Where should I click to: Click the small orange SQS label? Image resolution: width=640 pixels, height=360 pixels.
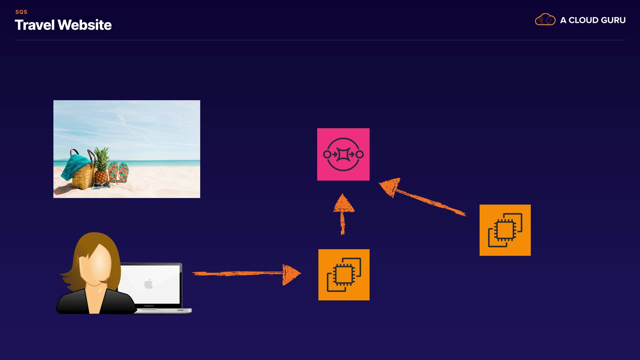[x=21, y=12]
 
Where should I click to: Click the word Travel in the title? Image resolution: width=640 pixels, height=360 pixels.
[x=35, y=25]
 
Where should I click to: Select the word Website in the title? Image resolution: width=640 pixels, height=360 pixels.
[x=85, y=25]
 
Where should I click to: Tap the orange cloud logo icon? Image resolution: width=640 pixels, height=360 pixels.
[x=545, y=20]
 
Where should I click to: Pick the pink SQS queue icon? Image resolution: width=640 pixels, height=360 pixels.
[x=343, y=154]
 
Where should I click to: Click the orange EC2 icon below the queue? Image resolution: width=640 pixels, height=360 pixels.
[x=344, y=275]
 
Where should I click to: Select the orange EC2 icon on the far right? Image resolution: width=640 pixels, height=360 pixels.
[x=505, y=230]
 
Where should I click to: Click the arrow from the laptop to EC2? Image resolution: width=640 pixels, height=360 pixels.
[x=247, y=274]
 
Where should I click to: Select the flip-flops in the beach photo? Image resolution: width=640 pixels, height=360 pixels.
[x=118, y=172]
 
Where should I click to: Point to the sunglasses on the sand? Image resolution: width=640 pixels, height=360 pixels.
[x=102, y=185]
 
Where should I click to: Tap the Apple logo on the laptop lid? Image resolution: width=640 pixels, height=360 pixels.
[x=148, y=284]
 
